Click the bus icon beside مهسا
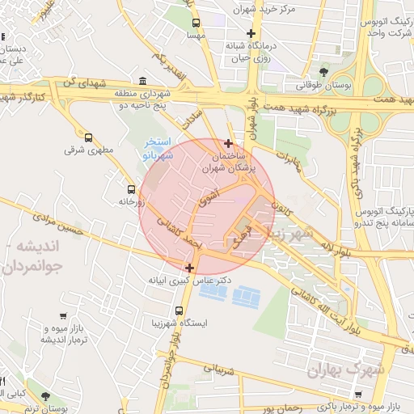tap(196, 23)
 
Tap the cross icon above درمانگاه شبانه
tap(251, 34)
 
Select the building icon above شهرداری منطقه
tap(143, 81)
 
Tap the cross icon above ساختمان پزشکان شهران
tap(229, 142)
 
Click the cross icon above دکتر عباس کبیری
tap(189, 268)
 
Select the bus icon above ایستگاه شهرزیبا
tap(179, 310)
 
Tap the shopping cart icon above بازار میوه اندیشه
tap(63, 316)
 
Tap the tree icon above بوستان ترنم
tap(44, 396)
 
